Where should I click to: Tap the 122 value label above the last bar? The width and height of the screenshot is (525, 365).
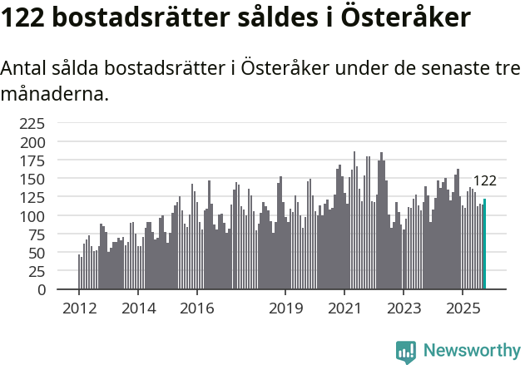coord(484,181)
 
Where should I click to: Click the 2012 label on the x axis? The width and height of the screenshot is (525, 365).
coord(79,309)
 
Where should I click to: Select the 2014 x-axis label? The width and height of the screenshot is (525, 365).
coord(138,309)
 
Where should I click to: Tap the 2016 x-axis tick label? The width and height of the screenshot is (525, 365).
coord(196,309)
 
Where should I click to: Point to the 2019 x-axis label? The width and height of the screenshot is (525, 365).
coord(285,309)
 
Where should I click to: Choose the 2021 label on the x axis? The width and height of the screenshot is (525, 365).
coord(344,309)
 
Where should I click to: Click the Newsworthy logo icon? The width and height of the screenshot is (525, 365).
coord(406,352)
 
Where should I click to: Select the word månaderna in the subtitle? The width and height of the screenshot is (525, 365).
coord(54,94)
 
